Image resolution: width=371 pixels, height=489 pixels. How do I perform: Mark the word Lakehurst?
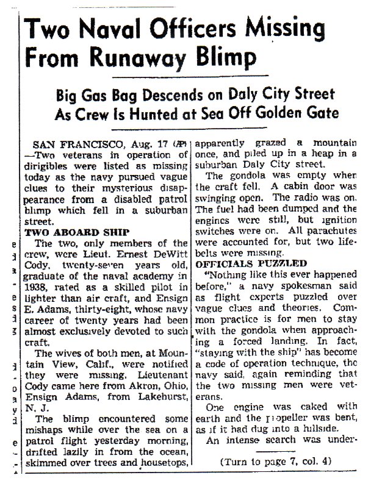tap(165, 395)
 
